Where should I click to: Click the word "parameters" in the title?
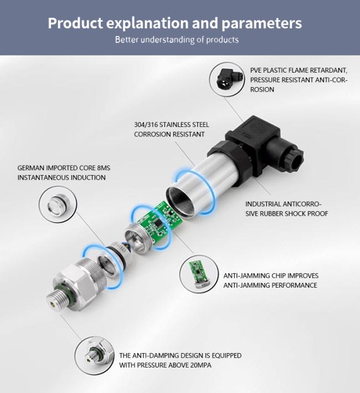pyautogui.click(x=261, y=23)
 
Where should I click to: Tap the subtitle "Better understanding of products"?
pyautogui.click(x=177, y=39)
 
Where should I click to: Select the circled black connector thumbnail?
pyautogui.click(x=227, y=79)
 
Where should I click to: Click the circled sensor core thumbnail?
pyautogui.click(x=58, y=205)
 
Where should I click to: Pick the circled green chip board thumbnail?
pyautogui.click(x=199, y=274)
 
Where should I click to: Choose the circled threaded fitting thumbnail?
pyautogui.click(x=94, y=356)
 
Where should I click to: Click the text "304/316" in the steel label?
pyautogui.click(x=146, y=125)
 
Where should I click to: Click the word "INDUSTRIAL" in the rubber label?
pyautogui.click(x=264, y=204)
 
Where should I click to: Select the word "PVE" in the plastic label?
pyautogui.click(x=256, y=70)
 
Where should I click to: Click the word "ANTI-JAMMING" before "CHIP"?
pyautogui.click(x=242, y=275)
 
